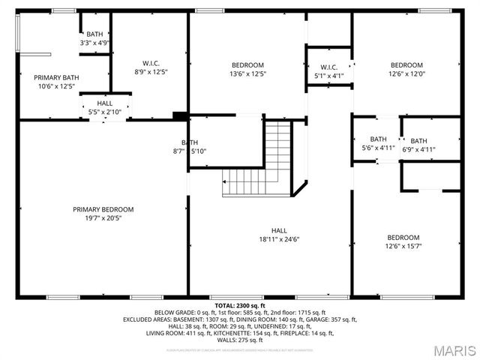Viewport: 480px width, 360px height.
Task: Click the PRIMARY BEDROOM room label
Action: (103, 209)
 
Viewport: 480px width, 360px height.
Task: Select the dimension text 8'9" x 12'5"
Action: (151, 72)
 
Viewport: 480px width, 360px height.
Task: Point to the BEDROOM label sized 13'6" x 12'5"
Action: (247, 64)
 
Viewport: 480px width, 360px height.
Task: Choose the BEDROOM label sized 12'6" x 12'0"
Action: (406, 64)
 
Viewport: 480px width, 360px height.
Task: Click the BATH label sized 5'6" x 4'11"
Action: (378, 139)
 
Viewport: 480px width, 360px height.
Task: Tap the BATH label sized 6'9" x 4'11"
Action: (418, 140)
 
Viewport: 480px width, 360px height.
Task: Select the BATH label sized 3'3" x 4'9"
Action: (95, 34)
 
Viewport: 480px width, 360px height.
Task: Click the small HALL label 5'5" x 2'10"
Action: (105, 104)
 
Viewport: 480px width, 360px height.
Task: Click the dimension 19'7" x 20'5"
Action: (103, 219)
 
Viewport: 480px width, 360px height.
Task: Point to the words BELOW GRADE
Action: (173, 313)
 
